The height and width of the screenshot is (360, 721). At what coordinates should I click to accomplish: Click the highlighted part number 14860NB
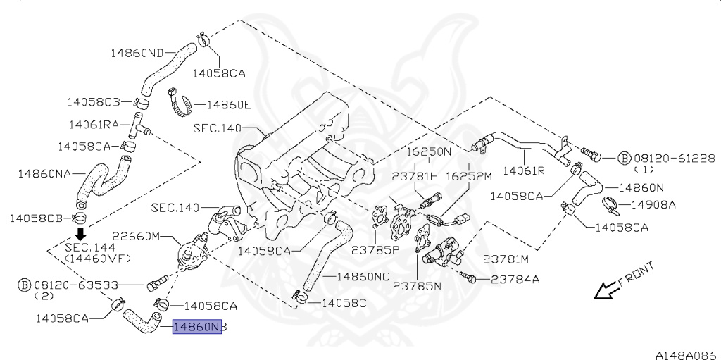point(198,328)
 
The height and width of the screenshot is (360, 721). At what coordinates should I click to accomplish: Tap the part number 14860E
point(228,105)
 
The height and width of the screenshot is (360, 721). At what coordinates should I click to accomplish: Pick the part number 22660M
point(138,236)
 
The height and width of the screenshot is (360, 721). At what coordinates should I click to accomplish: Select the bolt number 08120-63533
point(74,285)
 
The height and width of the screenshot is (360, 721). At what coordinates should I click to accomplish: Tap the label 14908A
point(653,205)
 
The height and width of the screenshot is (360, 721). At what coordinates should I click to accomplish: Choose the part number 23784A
point(515,279)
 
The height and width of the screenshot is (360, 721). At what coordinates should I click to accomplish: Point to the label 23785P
point(376,249)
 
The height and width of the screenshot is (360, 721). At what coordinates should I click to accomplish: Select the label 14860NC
point(363,277)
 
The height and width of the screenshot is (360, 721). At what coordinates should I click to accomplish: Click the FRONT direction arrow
point(605,290)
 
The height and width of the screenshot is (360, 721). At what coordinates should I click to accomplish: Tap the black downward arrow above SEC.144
point(81,235)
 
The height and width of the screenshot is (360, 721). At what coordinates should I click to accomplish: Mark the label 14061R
point(523,170)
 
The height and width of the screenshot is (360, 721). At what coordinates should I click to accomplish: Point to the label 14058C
point(344,303)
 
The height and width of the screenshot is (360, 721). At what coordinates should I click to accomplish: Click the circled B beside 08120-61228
point(623,158)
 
